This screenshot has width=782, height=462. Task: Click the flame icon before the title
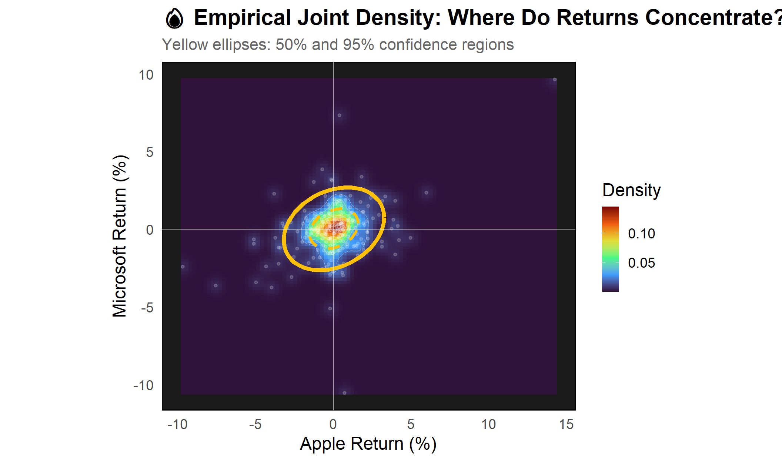coord(174,19)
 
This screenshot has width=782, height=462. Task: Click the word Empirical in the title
coord(242,17)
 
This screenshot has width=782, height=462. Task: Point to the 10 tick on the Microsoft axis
coord(146,75)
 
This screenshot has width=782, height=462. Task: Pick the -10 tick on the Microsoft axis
coord(143,385)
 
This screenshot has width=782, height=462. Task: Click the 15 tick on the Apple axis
coord(566,424)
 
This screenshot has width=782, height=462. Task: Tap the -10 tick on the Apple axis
coord(177,424)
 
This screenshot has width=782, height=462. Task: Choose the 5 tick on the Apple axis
coord(411,424)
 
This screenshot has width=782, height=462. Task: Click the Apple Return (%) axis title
coord(368,443)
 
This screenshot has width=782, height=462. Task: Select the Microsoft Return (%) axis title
coord(120,236)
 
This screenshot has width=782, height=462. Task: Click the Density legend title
coord(631,190)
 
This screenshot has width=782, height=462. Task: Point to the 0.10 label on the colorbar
coord(641,234)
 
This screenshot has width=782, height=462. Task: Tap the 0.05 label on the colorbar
coord(641,263)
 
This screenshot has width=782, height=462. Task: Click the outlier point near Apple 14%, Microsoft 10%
coord(555,80)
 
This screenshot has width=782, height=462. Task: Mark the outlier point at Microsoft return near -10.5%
coord(345,393)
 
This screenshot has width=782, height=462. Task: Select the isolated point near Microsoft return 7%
coord(339,115)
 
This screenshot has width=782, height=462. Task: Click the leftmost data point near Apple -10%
coord(183,267)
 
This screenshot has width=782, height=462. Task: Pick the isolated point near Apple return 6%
coord(427,193)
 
